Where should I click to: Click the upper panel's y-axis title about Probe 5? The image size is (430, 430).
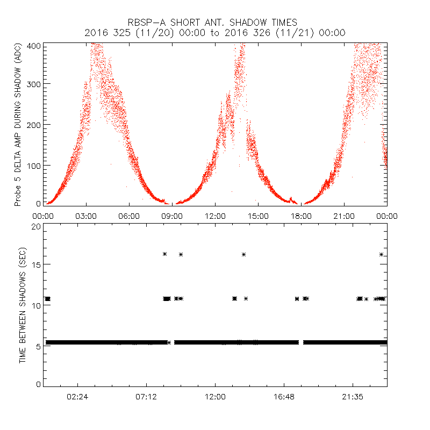coord(18,124)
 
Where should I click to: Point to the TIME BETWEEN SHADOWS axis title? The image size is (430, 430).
coord(23,305)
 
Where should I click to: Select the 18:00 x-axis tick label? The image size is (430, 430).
coord(301,216)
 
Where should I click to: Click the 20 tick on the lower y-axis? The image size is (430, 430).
coord(36,226)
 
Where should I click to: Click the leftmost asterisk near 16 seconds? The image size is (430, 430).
coord(165,254)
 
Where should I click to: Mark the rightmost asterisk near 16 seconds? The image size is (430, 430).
coord(381,254)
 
